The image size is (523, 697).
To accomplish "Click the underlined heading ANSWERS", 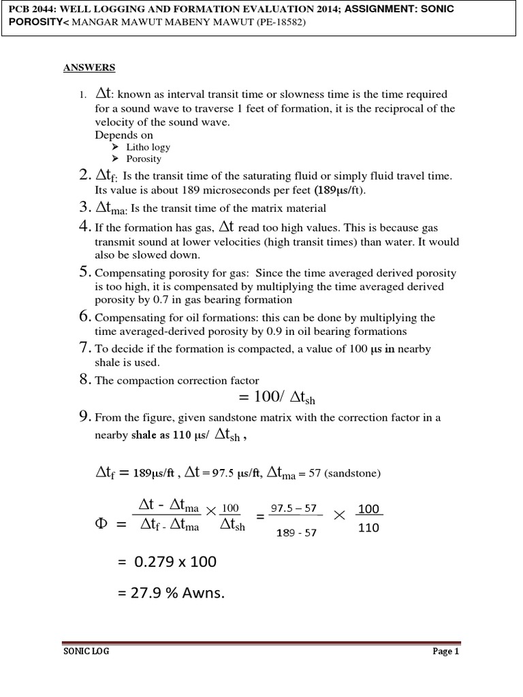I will [x=89, y=67].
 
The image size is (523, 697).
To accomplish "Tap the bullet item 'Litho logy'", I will [x=148, y=147].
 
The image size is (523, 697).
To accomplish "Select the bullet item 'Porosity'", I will [x=144, y=159].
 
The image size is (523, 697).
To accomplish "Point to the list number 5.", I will [x=85, y=272].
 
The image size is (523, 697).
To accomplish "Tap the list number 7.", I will [x=85, y=348].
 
